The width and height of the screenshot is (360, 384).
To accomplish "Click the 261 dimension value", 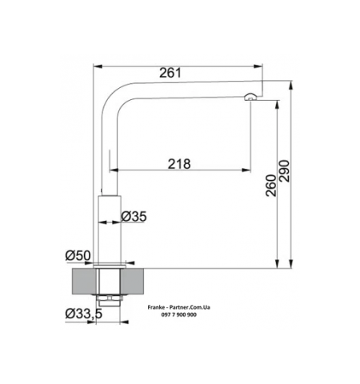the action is click(170, 73).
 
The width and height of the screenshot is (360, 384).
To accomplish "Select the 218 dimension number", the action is click(179, 164).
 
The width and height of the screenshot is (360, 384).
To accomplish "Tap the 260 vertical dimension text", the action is click(271, 186).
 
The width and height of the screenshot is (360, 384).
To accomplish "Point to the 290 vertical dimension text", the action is click(284, 171).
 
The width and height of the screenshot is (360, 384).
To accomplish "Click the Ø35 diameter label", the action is click(134, 216).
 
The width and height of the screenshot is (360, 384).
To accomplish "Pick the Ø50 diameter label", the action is click(78, 255).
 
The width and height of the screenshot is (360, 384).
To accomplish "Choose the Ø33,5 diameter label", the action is click(84, 314).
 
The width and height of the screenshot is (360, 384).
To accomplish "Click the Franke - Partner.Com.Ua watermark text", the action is click(179, 307).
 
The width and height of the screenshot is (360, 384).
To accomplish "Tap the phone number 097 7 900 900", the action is click(179, 314).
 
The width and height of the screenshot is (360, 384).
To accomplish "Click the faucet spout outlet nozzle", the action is click(250, 97).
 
